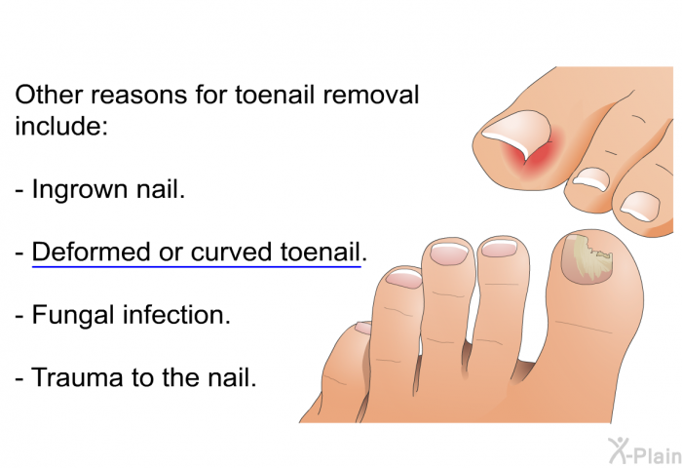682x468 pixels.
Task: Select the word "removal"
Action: pyautogui.click(x=370, y=95)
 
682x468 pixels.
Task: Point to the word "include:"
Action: pyautogui.click(x=61, y=126)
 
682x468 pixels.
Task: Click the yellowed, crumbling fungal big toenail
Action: pyautogui.click(x=587, y=260)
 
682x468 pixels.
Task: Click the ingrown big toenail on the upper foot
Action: pyautogui.click(x=516, y=132)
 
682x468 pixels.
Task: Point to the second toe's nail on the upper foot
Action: pyautogui.click(x=591, y=178)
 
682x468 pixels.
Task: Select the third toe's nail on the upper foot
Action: pyautogui.click(x=640, y=206)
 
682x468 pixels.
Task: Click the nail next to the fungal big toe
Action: pyautogui.click(x=499, y=248)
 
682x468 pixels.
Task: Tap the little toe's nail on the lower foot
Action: pyautogui.click(x=363, y=328)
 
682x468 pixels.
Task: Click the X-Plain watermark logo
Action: pyautogui.click(x=645, y=450)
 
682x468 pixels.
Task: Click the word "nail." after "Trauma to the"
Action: pyautogui.click(x=232, y=377)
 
